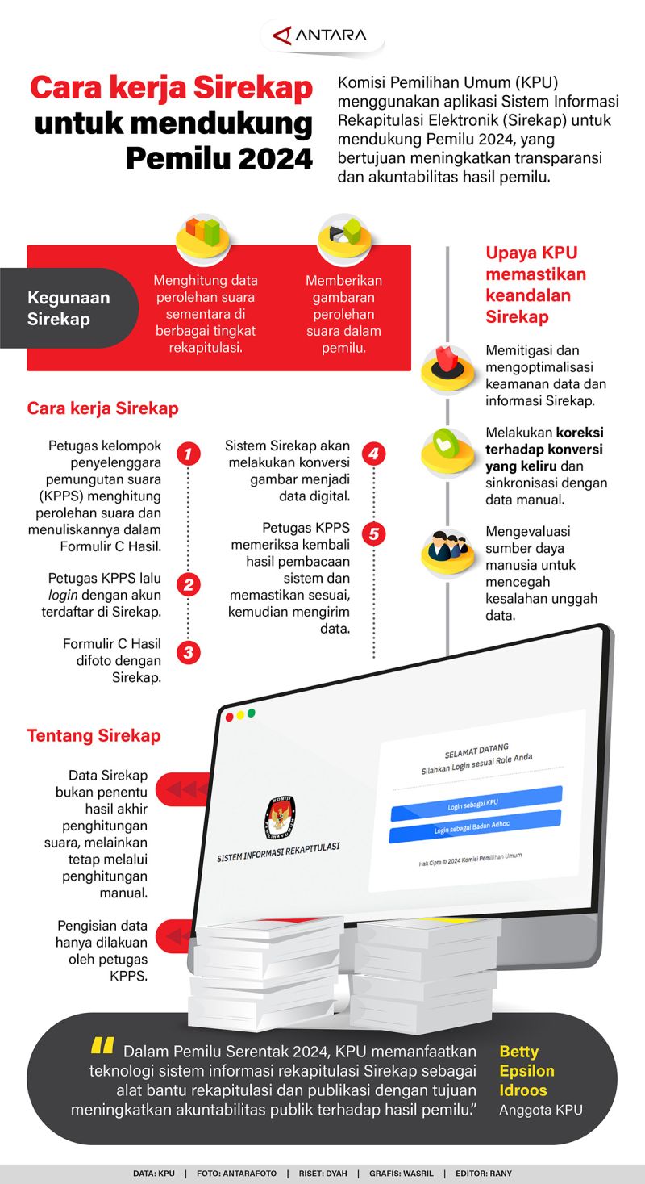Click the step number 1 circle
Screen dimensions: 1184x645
click(x=188, y=454)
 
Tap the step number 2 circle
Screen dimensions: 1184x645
click(x=188, y=585)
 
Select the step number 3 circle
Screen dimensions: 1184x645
click(x=188, y=652)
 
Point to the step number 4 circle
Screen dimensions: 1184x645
click(x=373, y=454)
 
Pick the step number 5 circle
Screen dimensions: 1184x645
click(x=373, y=533)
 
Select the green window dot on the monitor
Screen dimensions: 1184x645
click(x=252, y=713)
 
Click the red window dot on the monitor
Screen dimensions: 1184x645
click(x=229, y=717)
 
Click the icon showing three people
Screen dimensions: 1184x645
click(x=447, y=550)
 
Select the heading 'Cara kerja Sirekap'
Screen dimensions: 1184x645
click(x=103, y=408)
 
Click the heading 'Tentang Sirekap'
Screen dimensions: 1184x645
click(x=94, y=736)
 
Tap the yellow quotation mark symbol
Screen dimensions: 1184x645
click(x=102, y=1047)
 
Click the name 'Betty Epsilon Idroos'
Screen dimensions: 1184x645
click(x=527, y=1071)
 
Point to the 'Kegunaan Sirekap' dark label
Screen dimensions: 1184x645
click(x=69, y=308)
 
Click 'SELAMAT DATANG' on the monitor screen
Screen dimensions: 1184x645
click(x=476, y=751)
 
